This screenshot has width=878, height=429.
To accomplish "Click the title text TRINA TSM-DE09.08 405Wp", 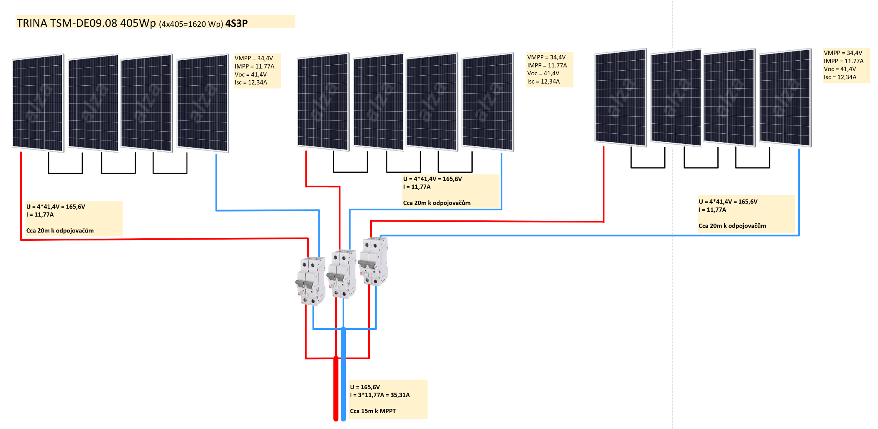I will [x=86, y=23].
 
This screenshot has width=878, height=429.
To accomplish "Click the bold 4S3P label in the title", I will [x=236, y=23].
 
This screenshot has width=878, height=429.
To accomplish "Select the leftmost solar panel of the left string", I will [x=38, y=102].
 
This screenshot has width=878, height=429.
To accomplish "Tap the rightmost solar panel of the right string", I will [x=785, y=97].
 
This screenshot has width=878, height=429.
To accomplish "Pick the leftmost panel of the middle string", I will [x=323, y=101].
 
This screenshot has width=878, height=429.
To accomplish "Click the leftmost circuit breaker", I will [x=311, y=281].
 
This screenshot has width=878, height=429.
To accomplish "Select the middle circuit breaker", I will [x=342, y=274].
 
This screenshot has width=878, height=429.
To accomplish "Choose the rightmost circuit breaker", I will [x=374, y=261].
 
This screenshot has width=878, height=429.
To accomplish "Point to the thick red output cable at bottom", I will [x=335, y=389].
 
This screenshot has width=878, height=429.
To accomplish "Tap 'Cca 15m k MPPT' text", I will [x=373, y=411].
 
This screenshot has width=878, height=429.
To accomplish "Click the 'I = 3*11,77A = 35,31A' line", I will [x=380, y=395].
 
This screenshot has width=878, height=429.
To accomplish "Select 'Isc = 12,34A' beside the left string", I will [x=251, y=82].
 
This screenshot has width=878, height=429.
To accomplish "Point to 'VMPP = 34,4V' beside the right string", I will [x=843, y=53].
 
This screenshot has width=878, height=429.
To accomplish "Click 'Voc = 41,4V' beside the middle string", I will [x=543, y=73].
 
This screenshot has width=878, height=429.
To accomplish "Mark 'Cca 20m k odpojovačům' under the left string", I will [x=60, y=230].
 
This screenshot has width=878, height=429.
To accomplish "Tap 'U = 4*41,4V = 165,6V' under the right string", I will [x=728, y=202].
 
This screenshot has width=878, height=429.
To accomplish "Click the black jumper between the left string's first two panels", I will [x=65, y=172].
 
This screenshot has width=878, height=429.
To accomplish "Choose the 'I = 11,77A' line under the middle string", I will [x=417, y=187].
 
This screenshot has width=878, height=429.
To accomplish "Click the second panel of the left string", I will [x=93, y=102].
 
